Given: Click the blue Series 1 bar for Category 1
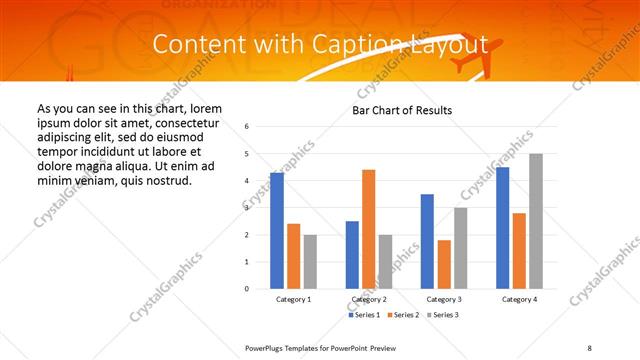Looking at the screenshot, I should click(x=277, y=231).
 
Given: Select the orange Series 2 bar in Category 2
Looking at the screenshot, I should click(x=368, y=229).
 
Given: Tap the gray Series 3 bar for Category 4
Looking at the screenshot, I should click(x=536, y=221).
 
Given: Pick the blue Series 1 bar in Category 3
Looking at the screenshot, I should click(x=427, y=241).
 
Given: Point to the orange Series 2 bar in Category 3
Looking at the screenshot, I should click(x=444, y=264).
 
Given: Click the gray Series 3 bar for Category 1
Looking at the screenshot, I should click(x=310, y=262).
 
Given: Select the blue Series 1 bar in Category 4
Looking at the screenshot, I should click(x=502, y=228).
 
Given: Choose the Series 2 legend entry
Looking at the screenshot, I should click(x=402, y=315).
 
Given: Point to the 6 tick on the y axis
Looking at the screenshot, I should click(x=247, y=127).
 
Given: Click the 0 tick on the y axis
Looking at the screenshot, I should click(x=247, y=289).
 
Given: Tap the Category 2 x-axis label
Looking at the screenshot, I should click(x=368, y=299).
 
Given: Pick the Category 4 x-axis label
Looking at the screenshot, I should click(x=519, y=299).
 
